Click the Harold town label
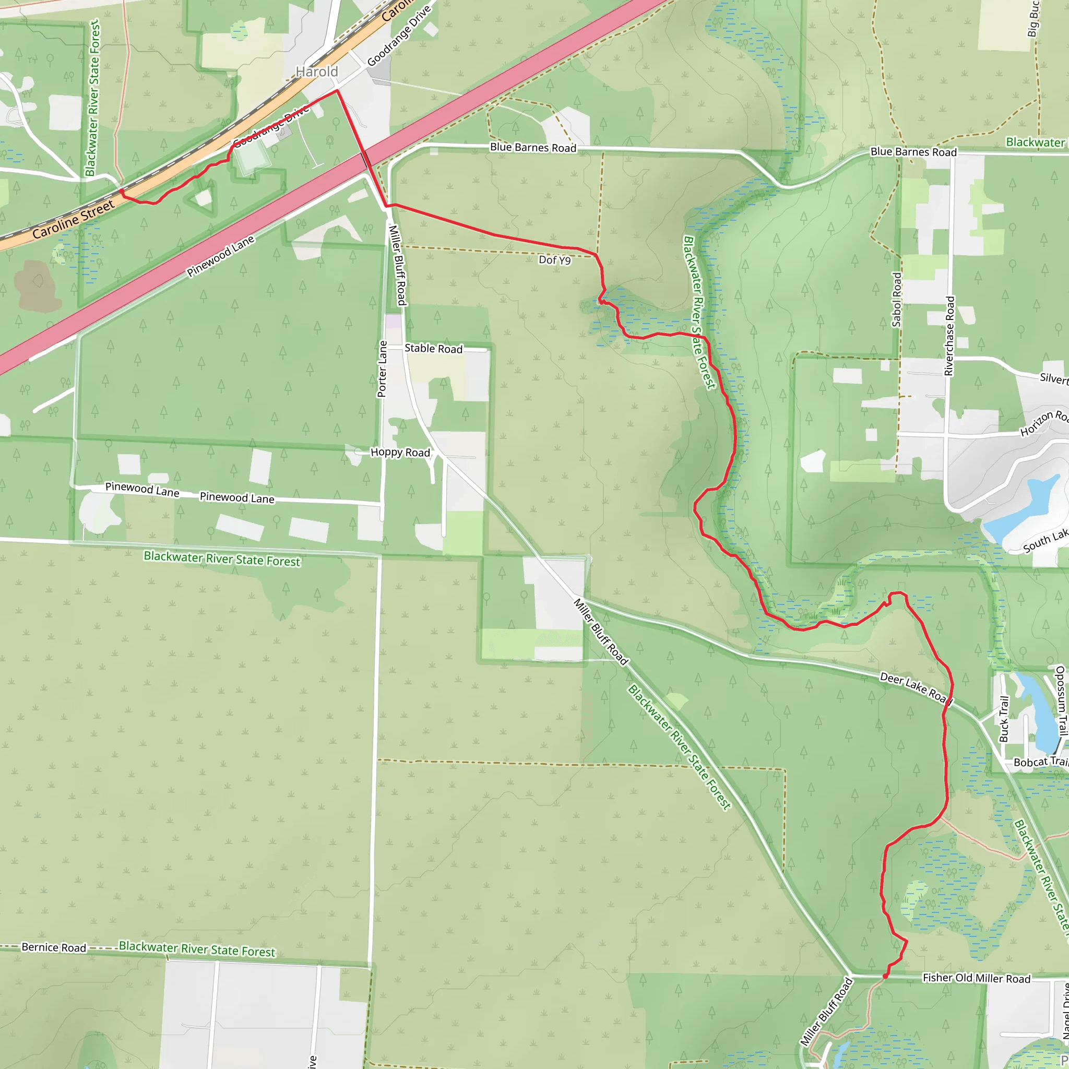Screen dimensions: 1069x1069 pyautogui.click(x=316, y=72)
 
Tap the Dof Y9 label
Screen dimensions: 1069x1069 pyautogui.click(x=554, y=259)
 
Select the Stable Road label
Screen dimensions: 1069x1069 pyautogui.click(x=433, y=348)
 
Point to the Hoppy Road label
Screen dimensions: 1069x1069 pyautogui.click(x=400, y=452)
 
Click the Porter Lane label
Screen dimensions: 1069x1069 pyautogui.click(x=382, y=369)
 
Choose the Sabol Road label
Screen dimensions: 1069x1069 pyautogui.click(x=896, y=299)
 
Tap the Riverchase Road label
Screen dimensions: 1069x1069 pyautogui.click(x=950, y=336)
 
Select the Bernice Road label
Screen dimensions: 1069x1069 pyautogui.click(x=54, y=947)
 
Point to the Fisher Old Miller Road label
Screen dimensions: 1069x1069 pyautogui.click(x=976, y=978)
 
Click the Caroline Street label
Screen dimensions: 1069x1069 pyautogui.click(x=73, y=220)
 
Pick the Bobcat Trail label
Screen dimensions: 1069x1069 pyautogui.click(x=1040, y=762)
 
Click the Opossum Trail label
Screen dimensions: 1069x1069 pyautogui.click(x=1060, y=700)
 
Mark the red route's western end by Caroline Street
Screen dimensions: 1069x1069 pyautogui.click(x=122, y=191)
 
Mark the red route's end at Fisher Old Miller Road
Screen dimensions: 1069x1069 pyautogui.click(x=885, y=976)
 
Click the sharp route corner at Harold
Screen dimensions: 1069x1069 pyautogui.click(x=337, y=91)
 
